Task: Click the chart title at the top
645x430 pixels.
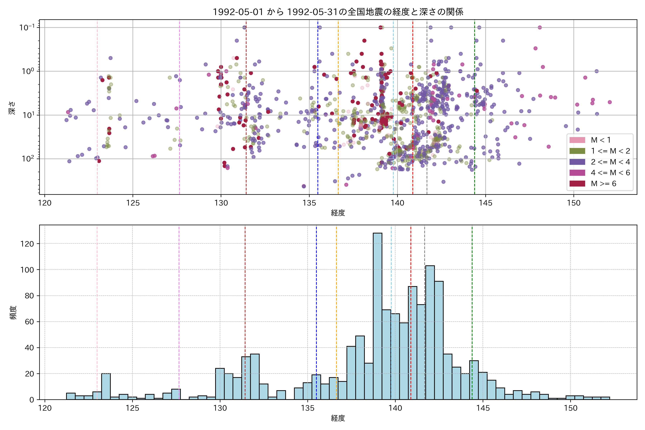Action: [x=338, y=12]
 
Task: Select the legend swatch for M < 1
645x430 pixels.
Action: [x=577, y=140]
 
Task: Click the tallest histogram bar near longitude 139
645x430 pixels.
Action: [x=377, y=315]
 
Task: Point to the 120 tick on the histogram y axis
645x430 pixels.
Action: [x=27, y=244]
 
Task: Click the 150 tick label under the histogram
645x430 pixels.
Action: [x=570, y=408]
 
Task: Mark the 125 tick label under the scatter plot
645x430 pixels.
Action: [x=133, y=203]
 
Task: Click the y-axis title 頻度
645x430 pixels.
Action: [x=13, y=313]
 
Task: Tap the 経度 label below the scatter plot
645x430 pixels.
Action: [x=338, y=213]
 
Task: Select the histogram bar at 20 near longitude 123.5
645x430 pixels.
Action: [x=106, y=386]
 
